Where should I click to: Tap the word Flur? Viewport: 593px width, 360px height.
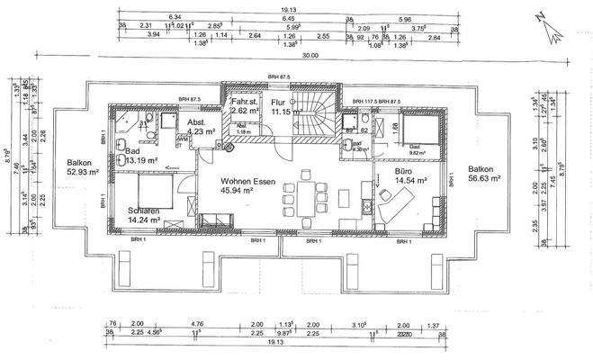point(278,103)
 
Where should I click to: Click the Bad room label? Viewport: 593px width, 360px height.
point(132,151)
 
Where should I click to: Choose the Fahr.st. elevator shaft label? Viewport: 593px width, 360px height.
point(244,103)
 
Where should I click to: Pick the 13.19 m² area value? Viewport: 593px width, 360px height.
point(142,161)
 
